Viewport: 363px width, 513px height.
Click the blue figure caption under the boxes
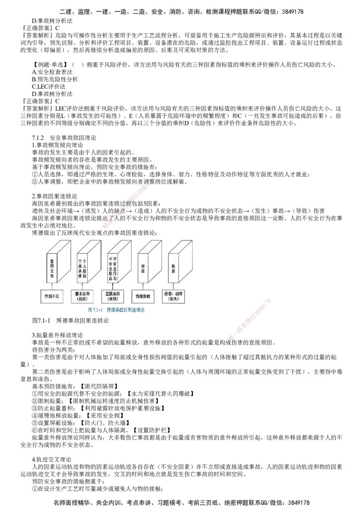(116, 310)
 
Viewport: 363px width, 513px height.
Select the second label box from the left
(82, 296)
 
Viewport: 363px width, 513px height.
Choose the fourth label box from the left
(142, 296)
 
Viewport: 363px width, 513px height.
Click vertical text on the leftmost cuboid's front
(51, 267)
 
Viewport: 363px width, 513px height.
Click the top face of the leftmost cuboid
(59, 245)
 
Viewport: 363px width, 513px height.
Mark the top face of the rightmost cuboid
(181, 245)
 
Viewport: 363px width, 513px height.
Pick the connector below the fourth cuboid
(142, 286)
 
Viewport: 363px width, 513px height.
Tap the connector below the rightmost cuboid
(174, 286)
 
